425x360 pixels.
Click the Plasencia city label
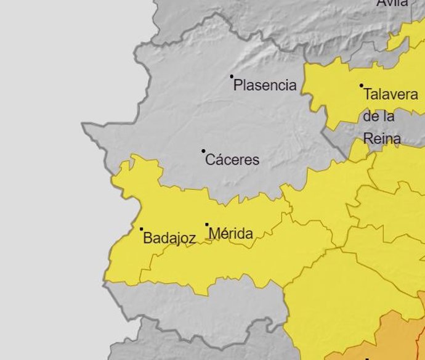265,86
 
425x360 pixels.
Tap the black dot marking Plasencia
232,76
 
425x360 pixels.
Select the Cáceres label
232,160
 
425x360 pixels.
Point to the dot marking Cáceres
203,151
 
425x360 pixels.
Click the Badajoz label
169,238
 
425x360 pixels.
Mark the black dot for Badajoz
141,229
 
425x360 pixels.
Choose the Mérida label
231,234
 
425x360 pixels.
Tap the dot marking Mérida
207,225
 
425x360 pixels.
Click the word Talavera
391,95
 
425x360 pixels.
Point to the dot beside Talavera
362,86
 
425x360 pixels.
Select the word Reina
382,139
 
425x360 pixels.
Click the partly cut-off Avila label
392,3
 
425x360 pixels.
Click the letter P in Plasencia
238,86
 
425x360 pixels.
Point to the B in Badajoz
148,238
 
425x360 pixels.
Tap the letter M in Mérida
215,234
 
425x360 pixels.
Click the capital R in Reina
368,139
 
